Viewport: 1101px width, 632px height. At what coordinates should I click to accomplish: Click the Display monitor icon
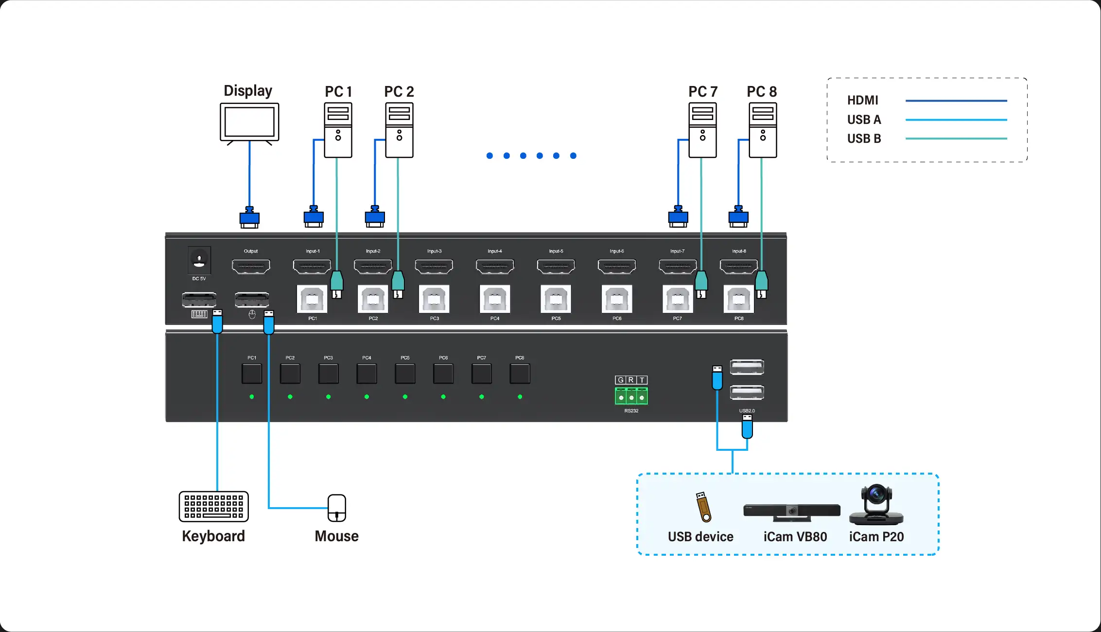coord(249,122)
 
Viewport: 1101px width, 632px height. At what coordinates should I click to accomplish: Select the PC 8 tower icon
coord(762,130)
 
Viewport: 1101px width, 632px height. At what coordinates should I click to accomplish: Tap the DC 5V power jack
coord(199,260)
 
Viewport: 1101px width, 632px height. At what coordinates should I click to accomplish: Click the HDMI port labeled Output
coord(251,267)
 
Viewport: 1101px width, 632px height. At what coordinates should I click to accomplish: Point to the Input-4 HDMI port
coord(495,267)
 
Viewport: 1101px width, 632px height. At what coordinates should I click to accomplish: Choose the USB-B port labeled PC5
coord(556,299)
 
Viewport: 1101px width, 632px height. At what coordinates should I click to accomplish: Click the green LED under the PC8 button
coord(520,397)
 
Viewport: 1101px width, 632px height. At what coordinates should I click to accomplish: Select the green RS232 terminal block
coord(631,396)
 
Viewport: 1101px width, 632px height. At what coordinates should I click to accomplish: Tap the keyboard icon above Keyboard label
coord(213,506)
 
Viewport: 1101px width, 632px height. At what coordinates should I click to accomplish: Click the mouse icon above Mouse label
coord(336,508)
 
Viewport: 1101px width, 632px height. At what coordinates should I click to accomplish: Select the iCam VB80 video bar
coord(791,512)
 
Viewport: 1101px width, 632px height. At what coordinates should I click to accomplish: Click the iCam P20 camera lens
coord(876,495)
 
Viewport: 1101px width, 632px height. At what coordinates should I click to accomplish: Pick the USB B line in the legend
coord(956,138)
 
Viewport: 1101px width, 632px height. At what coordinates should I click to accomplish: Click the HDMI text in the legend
coord(862,100)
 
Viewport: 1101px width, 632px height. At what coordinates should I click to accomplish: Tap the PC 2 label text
coord(399,91)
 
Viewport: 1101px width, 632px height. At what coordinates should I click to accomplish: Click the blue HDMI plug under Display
coord(249,218)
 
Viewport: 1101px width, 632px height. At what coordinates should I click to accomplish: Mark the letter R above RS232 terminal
coord(631,380)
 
